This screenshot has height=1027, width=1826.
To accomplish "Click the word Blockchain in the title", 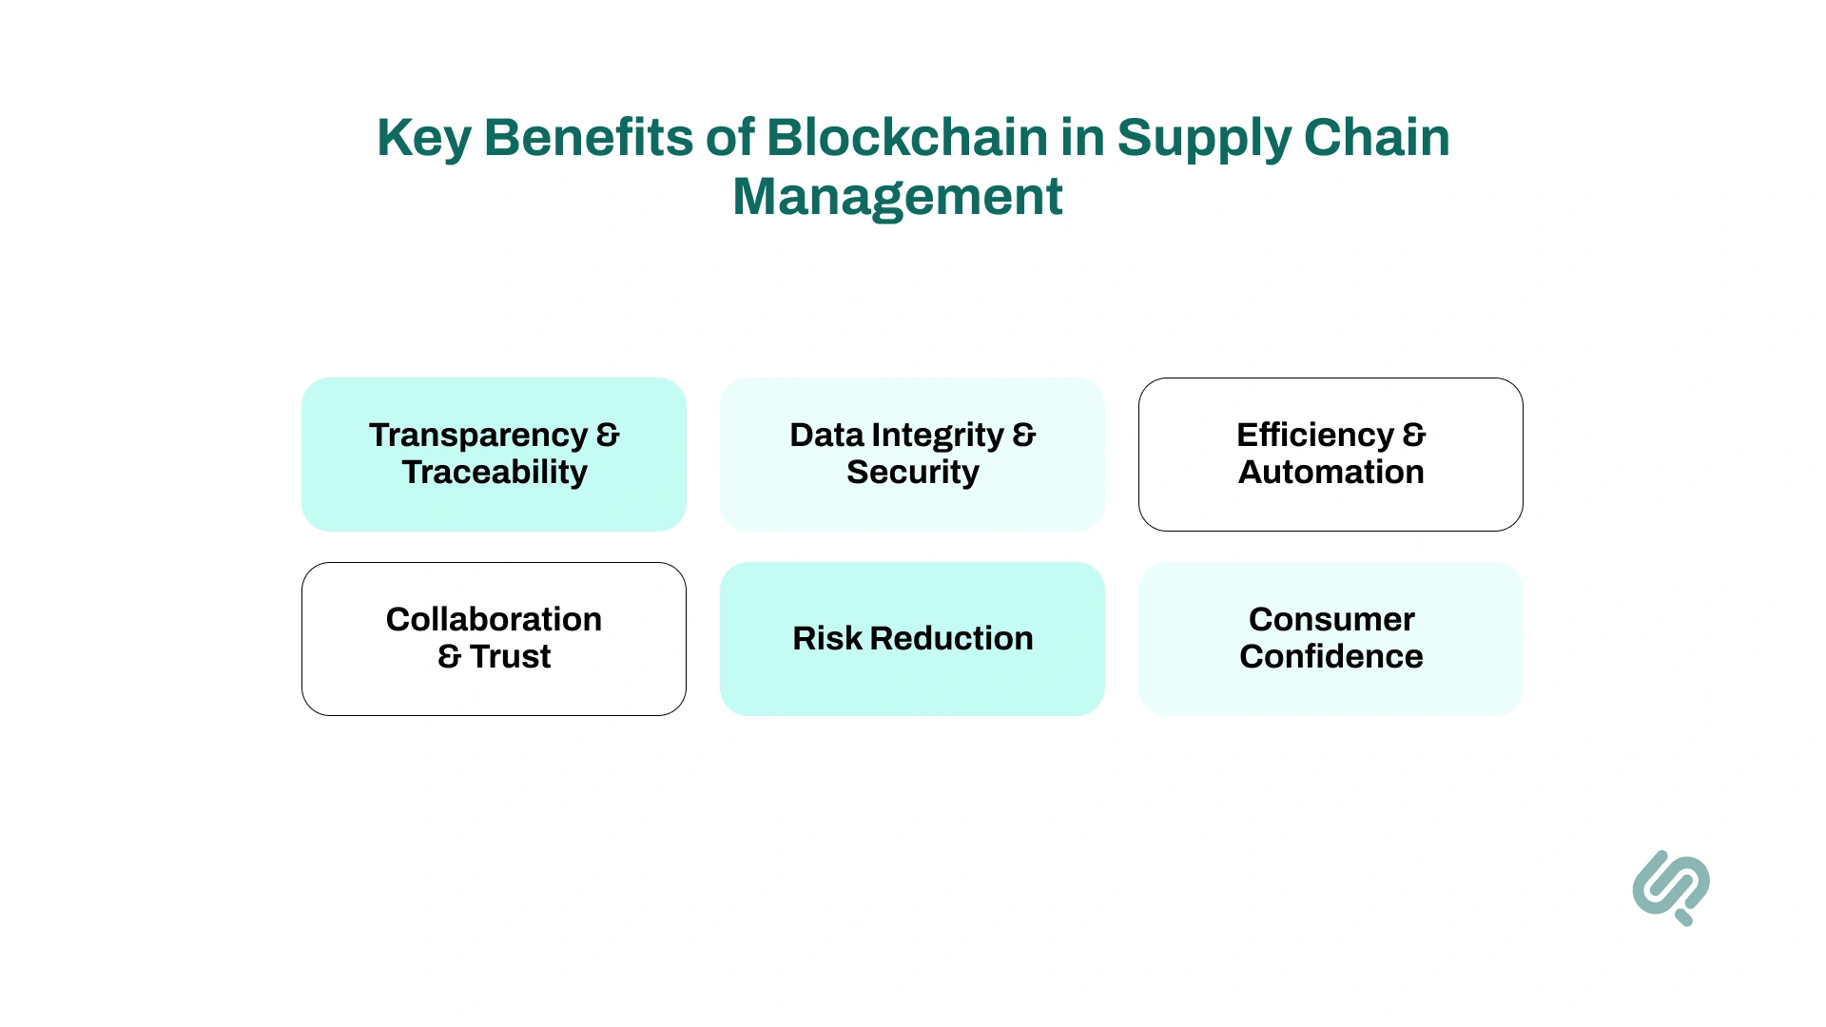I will (906, 137).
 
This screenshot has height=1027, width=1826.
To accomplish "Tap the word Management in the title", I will (897, 197).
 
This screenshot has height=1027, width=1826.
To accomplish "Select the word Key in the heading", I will (423, 139).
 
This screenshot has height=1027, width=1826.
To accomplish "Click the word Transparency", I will (478, 436).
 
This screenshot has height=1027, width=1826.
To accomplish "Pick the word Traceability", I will (495, 472).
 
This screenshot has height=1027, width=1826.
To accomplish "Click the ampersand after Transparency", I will (608, 435).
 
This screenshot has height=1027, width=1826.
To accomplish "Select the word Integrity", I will (938, 436).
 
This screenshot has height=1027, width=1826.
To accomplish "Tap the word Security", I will (912, 472).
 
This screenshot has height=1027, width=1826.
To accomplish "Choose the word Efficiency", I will (1314, 435).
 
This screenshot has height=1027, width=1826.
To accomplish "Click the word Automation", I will (1331, 472).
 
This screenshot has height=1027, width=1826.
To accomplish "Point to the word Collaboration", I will (494, 619).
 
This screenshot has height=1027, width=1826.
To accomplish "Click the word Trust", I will (510, 656).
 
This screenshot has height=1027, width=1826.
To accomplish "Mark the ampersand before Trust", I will (449, 656).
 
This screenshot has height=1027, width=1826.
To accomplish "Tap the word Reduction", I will (951, 638).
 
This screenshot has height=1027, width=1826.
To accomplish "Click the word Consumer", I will (1331, 619).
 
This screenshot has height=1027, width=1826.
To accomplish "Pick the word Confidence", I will (1331, 656).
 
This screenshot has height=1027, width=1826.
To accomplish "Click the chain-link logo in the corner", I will (1671, 887).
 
